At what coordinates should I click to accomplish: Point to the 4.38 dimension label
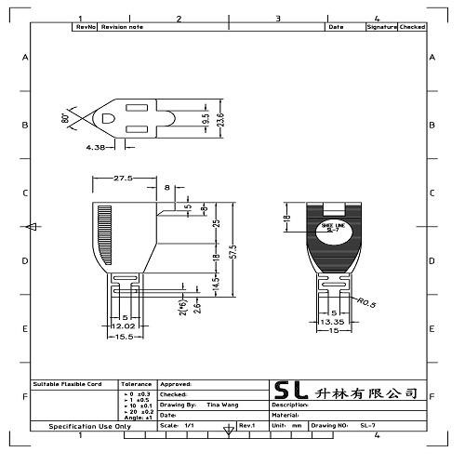point(95,147)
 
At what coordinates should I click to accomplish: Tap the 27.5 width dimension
point(126,179)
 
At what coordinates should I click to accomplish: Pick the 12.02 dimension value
point(125,326)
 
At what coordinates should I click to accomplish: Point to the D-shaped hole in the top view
point(108,119)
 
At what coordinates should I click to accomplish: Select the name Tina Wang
point(220,405)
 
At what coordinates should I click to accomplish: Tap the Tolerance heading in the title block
point(137,383)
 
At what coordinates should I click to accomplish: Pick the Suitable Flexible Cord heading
point(73,383)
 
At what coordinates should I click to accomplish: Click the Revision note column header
point(123,27)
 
